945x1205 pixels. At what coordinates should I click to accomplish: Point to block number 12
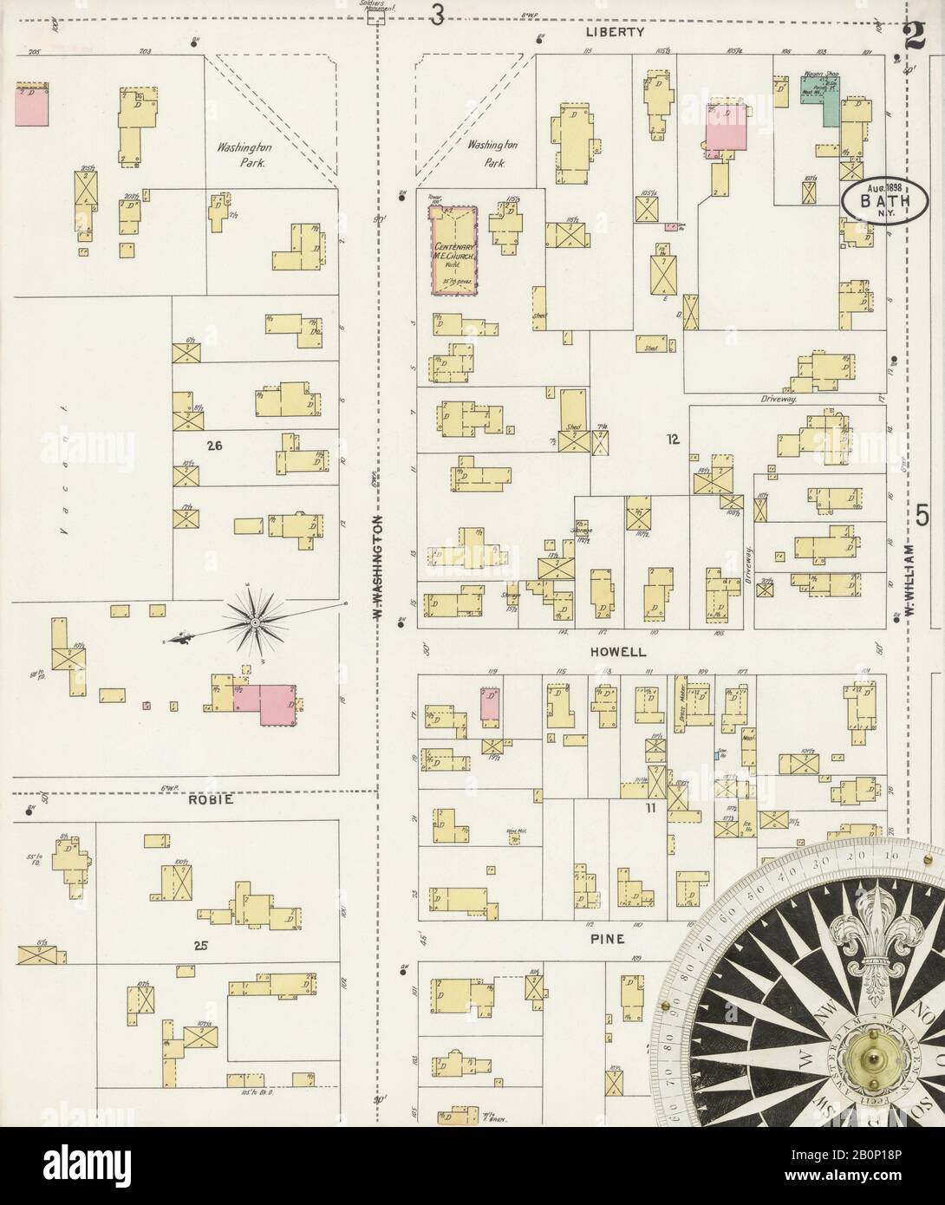tap(672, 440)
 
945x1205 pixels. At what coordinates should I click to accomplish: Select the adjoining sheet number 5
tap(924, 517)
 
